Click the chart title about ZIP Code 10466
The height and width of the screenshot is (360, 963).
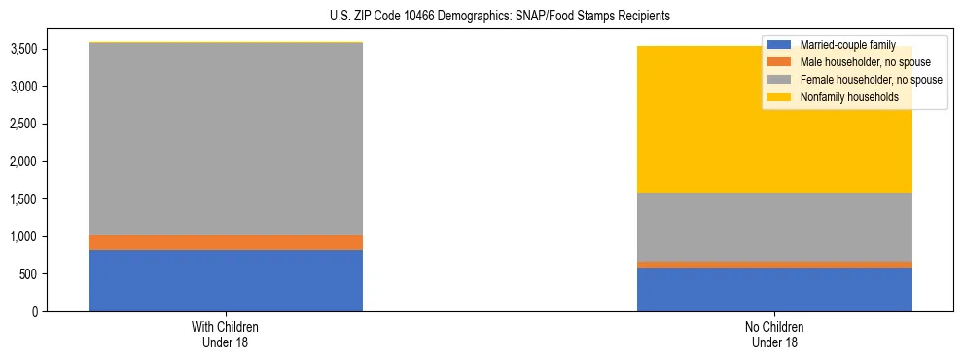[481, 17]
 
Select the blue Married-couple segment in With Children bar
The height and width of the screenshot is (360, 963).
[226, 280]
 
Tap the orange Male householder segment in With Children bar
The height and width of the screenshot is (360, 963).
[226, 242]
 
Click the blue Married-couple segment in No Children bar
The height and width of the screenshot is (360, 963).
[774, 289]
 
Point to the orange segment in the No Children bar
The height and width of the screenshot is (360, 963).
[774, 264]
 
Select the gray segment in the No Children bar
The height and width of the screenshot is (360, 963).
[774, 227]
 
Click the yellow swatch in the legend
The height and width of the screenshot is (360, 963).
[779, 97]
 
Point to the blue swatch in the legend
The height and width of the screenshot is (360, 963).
[779, 45]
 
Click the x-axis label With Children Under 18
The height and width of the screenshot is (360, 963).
[226, 334]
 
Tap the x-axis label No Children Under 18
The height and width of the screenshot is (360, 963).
[774, 334]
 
